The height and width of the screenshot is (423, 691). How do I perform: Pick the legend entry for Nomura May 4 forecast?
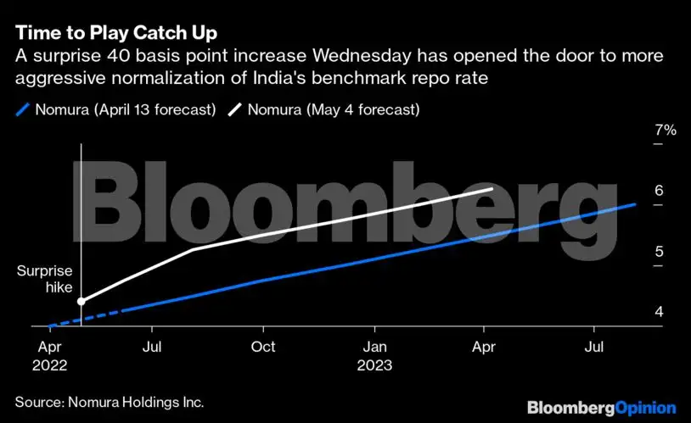pos(328,109)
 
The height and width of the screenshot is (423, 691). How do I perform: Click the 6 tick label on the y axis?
pos(659,191)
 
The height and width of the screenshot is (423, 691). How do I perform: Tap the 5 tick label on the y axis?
pos(659,252)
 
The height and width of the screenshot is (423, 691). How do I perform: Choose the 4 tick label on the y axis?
pos(659,312)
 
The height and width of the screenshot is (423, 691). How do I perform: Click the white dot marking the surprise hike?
pos(81,301)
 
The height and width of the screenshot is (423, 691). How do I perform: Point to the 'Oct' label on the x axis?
pos(263,347)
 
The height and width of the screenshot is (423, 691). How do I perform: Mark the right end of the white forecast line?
pos(492,188)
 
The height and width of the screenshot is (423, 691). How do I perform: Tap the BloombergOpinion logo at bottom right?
pos(601,408)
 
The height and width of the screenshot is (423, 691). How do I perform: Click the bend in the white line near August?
pos(193,249)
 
